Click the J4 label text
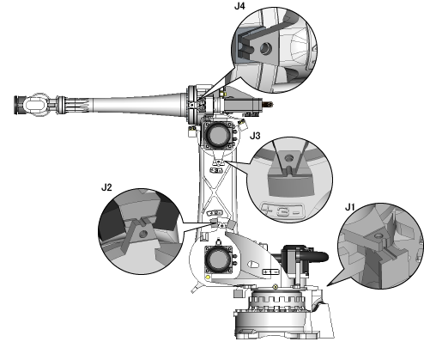239,6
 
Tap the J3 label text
255,136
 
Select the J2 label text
106,187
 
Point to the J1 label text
350,207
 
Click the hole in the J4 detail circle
265,48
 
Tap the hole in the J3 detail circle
289,157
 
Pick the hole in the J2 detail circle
143,235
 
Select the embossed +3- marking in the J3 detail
282,211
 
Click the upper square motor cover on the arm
218,135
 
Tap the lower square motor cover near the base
218,259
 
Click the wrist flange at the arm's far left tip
18,105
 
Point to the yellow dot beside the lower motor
208,278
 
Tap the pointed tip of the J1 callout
327,285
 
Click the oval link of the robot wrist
36,104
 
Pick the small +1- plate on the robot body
270,272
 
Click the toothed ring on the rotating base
276,301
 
